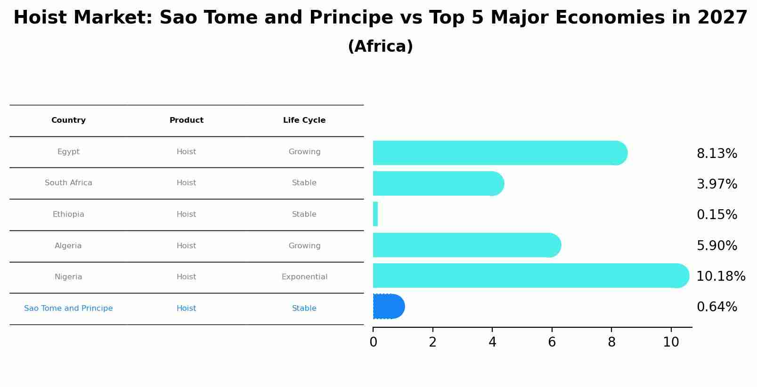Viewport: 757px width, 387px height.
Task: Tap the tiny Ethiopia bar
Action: pyautogui.click(x=375, y=214)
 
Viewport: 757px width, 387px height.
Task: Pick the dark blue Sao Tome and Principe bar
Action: pyautogui.click(x=388, y=307)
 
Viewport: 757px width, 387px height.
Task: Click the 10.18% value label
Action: pyautogui.click(x=720, y=276)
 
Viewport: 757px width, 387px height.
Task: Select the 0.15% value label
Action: pyautogui.click(x=716, y=215)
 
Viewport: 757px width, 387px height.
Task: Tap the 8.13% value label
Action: pyautogui.click(x=716, y=154)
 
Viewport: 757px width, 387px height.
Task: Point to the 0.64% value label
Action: pyautogui.click(x=716, y=307)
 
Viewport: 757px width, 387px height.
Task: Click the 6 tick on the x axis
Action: pyautogui.click(x=552, y=342)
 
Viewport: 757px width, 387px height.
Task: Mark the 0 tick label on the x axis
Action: pyautogui.click(x=373, y=342)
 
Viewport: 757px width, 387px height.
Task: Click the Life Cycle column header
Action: pyautogui.click(x=304, y=120)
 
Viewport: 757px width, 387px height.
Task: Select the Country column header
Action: pyautogui.click(x=68, y=120)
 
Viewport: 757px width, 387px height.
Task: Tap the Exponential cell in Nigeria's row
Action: pyautogui.click(x=304, y=277)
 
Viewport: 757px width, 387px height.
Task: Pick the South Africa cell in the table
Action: pyautogui.click(x=68, y=183)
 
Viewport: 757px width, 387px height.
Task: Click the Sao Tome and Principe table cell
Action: pyautogui.click(x=68, y=308)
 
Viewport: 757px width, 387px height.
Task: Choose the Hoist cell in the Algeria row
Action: pyautogui.click(x=186, y=246)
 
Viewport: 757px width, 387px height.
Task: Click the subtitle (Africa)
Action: pyautogui.click(x=380, y=47)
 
